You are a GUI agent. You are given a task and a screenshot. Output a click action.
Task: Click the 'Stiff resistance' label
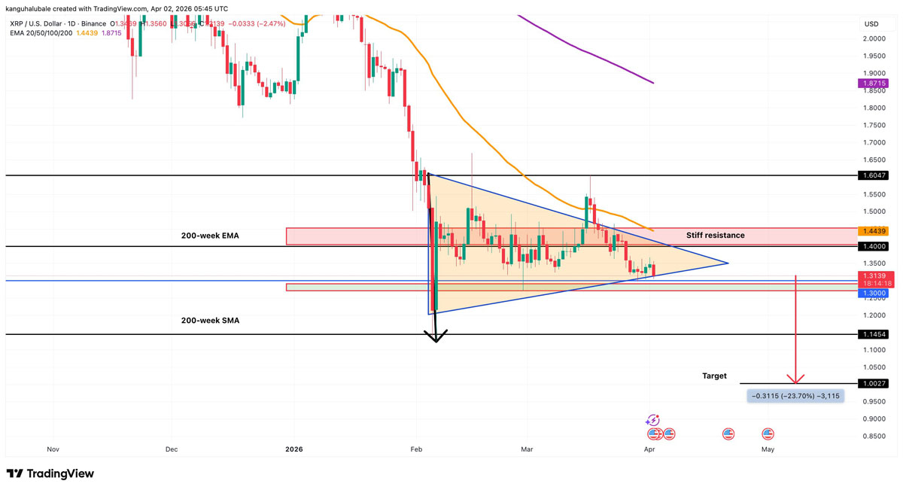tap(715, 236)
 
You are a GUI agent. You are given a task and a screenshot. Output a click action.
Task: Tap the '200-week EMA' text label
tap(210, 236)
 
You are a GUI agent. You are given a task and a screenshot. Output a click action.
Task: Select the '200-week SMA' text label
tap(210, 321)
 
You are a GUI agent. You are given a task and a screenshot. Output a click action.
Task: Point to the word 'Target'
tap(714, 376)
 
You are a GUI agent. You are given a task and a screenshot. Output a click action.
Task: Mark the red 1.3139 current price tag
tap(875, 275)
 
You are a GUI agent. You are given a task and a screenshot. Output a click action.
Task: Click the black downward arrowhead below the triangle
tap(436, 336)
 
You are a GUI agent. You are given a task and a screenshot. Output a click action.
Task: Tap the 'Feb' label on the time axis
tap(416, 449)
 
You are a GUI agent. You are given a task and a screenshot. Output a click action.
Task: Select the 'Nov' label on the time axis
tap(53, 449)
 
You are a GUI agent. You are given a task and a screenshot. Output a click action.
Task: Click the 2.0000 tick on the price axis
tap(874, 38)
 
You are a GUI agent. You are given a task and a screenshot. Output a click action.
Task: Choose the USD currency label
tap(871, 24)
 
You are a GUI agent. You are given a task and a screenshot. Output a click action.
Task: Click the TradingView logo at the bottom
tap(50, 474)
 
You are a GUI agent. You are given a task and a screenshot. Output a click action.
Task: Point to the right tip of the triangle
tap(728, 263)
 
